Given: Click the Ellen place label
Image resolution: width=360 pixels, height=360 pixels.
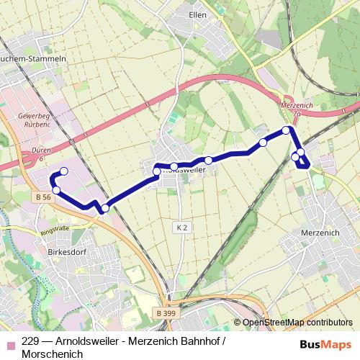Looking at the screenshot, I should point(197,14).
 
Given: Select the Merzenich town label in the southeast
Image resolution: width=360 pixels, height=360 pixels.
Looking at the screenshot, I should point(321,233).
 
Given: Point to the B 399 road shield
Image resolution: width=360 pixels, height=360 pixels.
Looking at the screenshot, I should point(166,312).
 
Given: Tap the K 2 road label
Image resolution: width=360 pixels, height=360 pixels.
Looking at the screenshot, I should point(181,227).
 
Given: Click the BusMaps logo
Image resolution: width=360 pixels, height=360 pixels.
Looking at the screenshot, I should point(325,345).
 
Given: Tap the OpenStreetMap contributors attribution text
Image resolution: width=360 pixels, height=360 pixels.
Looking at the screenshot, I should point(297,323).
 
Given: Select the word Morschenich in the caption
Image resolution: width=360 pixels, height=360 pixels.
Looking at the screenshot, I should point(53,354).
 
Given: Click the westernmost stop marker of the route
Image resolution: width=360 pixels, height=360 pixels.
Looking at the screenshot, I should point(56,190).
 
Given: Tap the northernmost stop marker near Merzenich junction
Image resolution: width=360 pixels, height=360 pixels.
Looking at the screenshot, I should point(286,130).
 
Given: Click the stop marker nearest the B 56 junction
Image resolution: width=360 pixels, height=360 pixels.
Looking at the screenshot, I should point(105,209).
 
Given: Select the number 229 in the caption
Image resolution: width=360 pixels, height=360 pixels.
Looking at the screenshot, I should point(30,341).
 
